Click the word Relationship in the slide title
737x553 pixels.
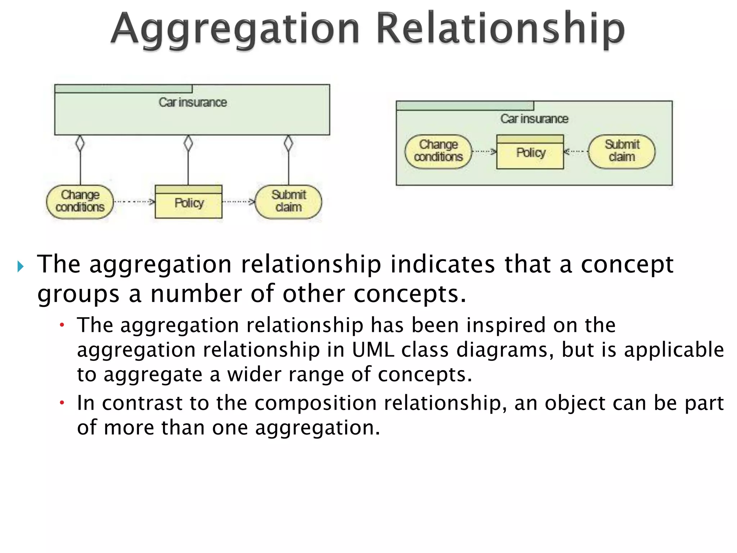tap(500, 29)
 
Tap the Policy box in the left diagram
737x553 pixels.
tap(189, 202)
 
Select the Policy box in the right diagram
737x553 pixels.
tap(530, 152)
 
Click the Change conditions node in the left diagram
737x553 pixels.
tap(80, 202)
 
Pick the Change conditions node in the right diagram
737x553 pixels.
tap(438, 151)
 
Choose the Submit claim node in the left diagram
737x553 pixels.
tap(289, 202)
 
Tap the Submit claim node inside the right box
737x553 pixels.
tap(622, 151)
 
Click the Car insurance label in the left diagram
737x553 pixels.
tap(193, 103)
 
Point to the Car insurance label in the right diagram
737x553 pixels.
tap(534, 119)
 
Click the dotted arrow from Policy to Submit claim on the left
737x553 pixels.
tap(238, 202)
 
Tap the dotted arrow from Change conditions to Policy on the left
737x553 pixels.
tap(134, 202)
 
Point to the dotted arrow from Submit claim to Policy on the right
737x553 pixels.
tap(576, 152)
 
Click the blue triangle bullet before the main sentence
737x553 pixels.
tap(21, 267)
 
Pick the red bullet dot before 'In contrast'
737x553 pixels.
tap(62, 403)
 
